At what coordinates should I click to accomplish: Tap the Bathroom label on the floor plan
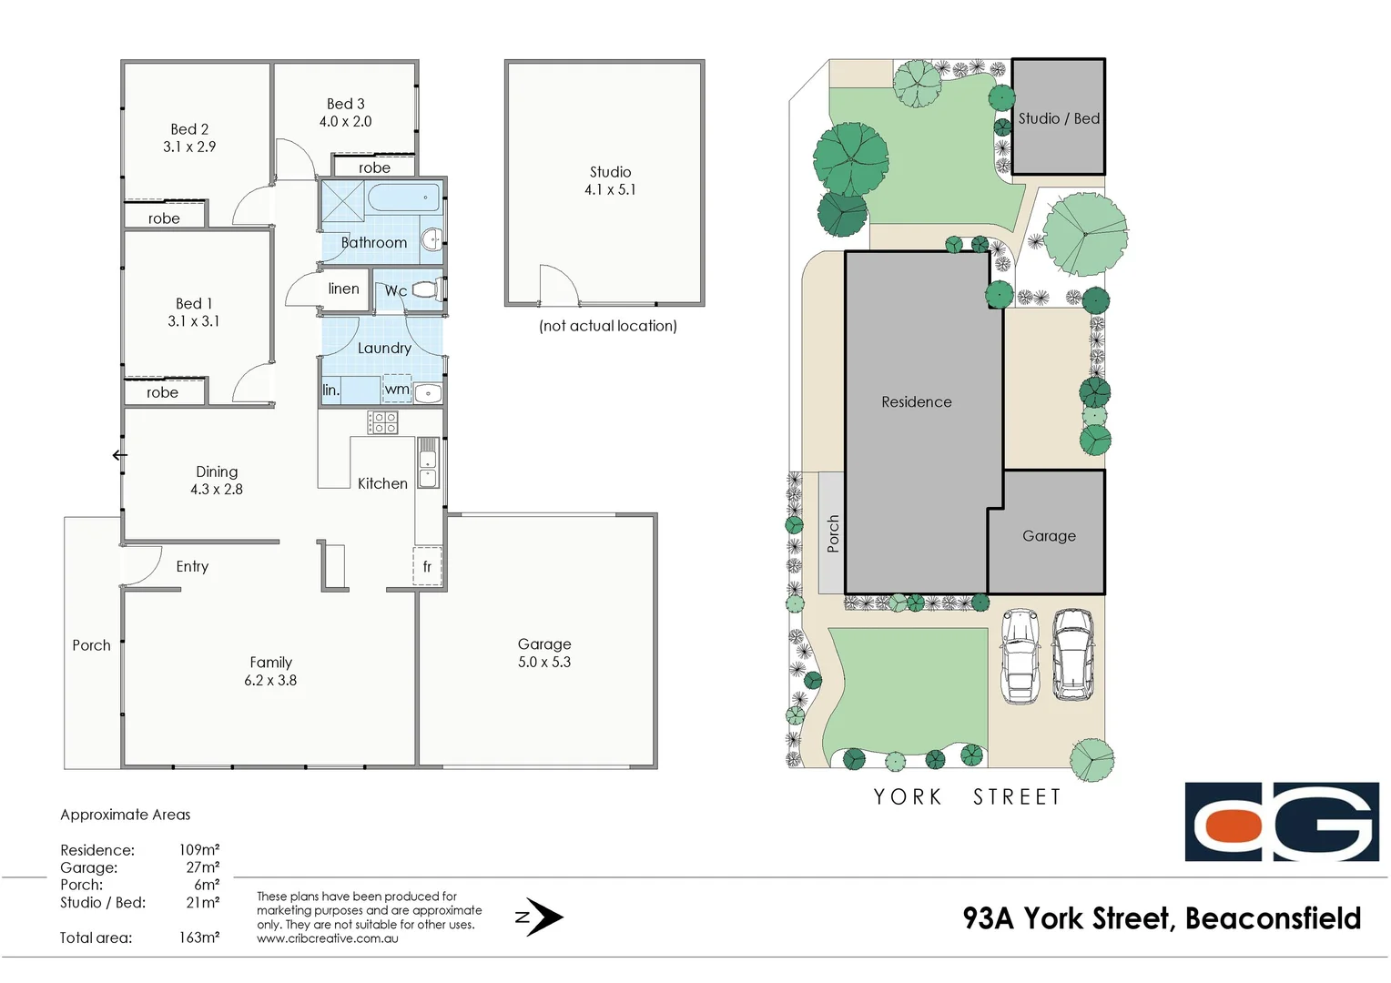coord(373,243)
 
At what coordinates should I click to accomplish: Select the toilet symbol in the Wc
coord(427,290)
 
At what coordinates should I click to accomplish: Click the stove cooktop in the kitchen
coord(382,422)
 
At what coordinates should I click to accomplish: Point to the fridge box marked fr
coord(427,566)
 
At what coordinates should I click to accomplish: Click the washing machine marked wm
coord(397,390)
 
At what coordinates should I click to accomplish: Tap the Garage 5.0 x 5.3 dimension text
coord(544,663)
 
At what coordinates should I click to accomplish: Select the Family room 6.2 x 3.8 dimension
coord(270,681)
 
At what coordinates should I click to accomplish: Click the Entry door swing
coord(141,566)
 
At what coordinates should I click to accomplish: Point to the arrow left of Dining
coord(119,455)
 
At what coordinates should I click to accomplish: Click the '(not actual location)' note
coord(607,326)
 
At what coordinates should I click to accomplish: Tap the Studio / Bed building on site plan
coord(1058,117)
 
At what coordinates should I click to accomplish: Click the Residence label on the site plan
coord(916,402)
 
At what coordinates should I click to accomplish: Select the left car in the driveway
coord(1020,656)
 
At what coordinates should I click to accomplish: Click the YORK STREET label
coord(967,797)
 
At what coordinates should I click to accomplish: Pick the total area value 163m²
coord(198,937)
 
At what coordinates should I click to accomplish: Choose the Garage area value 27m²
coord(202,867)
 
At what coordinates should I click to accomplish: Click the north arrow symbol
coord(542,917)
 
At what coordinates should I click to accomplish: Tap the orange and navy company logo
coord(1281,822)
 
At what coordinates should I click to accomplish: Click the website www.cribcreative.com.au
coord(328,938)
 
